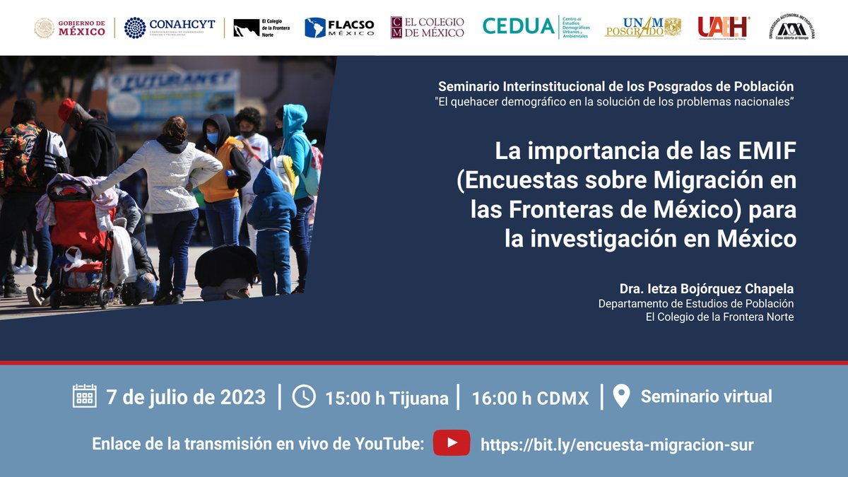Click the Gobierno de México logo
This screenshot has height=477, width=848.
click(x=70, y=28)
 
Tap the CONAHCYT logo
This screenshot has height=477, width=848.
click(x=170, y=28)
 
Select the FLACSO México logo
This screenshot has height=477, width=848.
click(x=339, y=28)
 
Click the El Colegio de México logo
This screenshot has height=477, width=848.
click(x=428, y=28)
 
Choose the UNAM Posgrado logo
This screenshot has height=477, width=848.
click(x=642, y=28)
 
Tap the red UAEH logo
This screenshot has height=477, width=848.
click(x=723, y=28)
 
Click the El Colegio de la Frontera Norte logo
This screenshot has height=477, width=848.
click(x=260, y=28)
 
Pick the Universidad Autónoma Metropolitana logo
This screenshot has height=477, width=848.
click(x=791, y=27)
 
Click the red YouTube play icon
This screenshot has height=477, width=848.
click(x=451, y=443)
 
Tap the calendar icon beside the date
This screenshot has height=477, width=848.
click(x=85, y=396)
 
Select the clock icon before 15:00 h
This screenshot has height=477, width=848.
click(x=304, y=396)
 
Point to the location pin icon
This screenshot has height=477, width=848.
click(x=621, y=396)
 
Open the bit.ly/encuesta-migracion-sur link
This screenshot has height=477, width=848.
click(x=616, y=444)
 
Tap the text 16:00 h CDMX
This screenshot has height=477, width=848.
click(x=530, y=398)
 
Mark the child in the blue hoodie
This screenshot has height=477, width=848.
click(x=272, y=226)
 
